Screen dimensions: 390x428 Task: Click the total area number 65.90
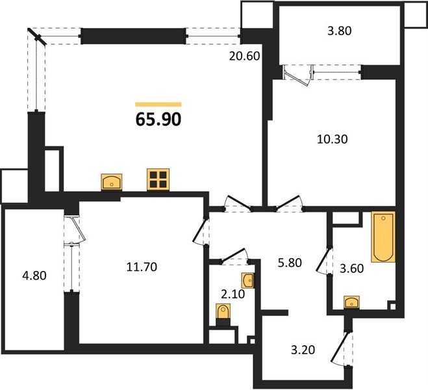point(158,120)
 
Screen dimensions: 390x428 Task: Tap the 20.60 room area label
point(244,56)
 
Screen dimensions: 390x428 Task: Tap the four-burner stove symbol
point(158,180)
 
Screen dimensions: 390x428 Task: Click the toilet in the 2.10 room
point(225,315)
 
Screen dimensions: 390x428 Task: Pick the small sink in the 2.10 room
point(248,281)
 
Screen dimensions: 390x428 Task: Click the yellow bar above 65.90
point(158,104)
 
